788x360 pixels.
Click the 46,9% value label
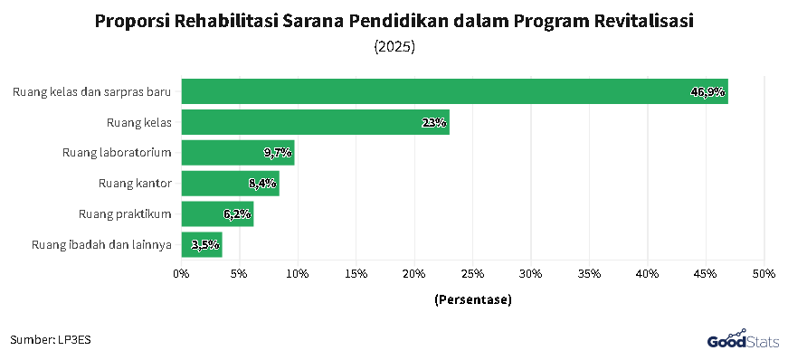click(x=707, y=91)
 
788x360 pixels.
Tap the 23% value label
click(x=434, y=122)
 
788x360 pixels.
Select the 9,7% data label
click(x=278, y=153)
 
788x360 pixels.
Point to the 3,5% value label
click(x=205, y=244)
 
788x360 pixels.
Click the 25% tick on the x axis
click(x=472, y=273)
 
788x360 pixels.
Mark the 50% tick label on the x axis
click(x=764, y=273)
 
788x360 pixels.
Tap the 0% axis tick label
click(x=181, y=273)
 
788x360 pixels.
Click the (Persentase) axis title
click(x=472, y=299)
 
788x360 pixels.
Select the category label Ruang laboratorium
click(x=117, y=153)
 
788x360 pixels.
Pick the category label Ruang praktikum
click(x=125, y=214)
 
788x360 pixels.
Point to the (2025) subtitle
click(x=394, y=46)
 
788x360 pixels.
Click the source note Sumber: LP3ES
click(x=51, y=339)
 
